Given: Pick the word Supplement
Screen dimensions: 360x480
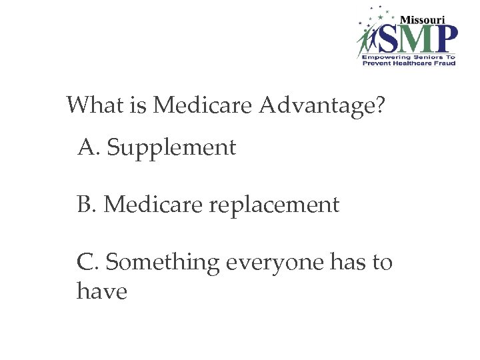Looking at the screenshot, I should point(171,148).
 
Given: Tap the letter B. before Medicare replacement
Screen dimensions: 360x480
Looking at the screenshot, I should point(88,205).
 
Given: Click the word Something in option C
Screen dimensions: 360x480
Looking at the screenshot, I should point(163,264).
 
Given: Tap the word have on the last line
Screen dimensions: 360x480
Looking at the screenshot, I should point(102,291).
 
